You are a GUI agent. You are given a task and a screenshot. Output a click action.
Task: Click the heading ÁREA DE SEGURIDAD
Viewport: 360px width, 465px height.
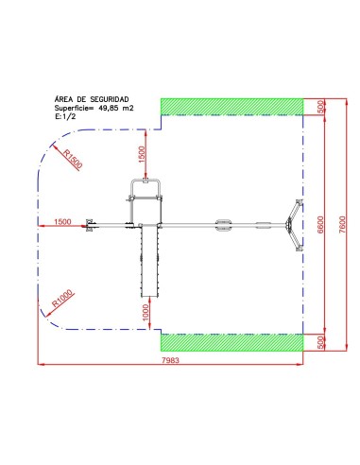pos(92,99)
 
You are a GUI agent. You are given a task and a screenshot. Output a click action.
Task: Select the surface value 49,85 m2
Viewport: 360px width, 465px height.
pos(116,108)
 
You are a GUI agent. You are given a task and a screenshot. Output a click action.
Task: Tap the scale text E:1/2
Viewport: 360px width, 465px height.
pos(65,116)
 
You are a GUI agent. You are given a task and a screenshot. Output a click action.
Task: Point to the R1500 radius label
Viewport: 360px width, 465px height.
pos(73,159)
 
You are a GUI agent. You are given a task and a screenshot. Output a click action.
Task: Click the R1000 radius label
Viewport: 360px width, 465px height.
pos(62,298)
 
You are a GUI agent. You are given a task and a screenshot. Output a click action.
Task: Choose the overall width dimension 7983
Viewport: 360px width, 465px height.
pos(170,360)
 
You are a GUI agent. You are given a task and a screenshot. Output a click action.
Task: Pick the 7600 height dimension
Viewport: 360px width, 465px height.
pos(342,224)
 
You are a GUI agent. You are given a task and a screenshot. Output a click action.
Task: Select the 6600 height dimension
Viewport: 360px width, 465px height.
pos(320,224)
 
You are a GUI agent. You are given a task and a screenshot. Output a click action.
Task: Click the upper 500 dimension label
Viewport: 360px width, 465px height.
pos(320,107)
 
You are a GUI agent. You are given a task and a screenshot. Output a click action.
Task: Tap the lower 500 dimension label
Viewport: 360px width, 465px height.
pos(320,342)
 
